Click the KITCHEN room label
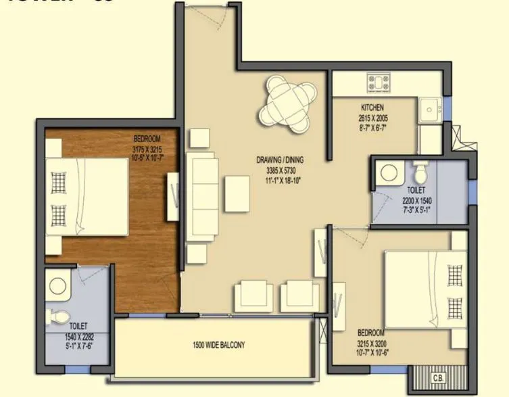pyautogui.click(x=372, y=108)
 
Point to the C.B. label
pyautogui.click(x=437, y=377)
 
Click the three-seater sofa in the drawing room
pyautogui.click(x=201, y=193)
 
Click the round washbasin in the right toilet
pyautogui.click(x=389, y=171)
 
